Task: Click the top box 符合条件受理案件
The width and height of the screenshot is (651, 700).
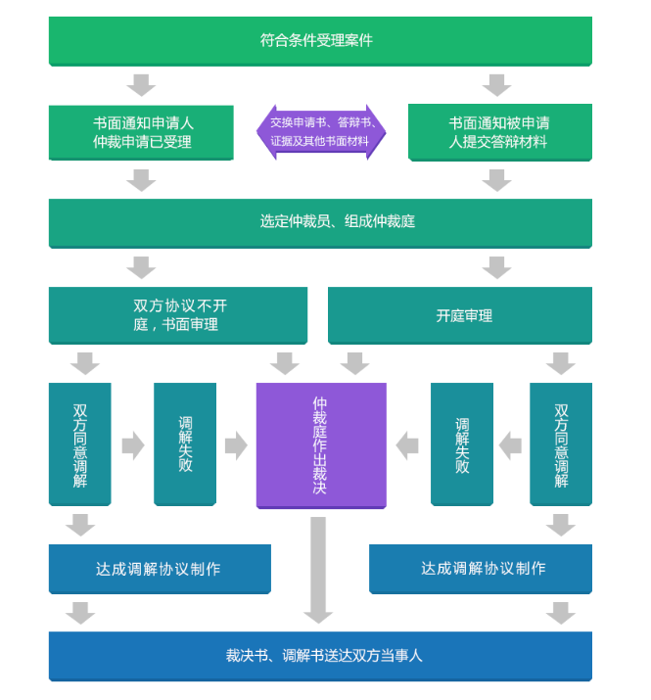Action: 320,40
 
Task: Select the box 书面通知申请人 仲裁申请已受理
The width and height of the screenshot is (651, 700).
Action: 141,132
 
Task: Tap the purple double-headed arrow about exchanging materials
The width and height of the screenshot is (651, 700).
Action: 321,132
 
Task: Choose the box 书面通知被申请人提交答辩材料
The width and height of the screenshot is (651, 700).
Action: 499,132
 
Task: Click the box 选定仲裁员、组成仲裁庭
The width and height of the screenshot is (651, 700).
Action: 320,222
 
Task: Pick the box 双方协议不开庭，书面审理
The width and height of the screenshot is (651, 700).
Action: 177,315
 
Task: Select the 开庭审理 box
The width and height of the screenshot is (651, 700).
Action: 459,315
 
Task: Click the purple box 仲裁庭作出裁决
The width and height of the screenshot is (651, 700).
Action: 321,444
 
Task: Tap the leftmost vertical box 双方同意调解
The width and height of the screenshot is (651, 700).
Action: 79,443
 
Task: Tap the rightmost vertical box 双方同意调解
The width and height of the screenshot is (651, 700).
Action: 561,443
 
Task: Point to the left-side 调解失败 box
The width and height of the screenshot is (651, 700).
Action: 185,443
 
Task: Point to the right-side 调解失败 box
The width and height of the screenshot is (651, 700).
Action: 461,443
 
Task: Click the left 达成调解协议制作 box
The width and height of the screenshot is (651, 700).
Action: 160,569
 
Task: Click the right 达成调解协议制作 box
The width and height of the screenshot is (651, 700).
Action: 481,569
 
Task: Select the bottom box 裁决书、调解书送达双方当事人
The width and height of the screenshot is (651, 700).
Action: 320,656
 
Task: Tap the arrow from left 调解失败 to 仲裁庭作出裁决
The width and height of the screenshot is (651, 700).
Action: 236,445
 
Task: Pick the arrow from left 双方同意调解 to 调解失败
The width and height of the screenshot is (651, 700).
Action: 132,445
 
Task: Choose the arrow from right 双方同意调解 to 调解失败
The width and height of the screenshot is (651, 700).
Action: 510,445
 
